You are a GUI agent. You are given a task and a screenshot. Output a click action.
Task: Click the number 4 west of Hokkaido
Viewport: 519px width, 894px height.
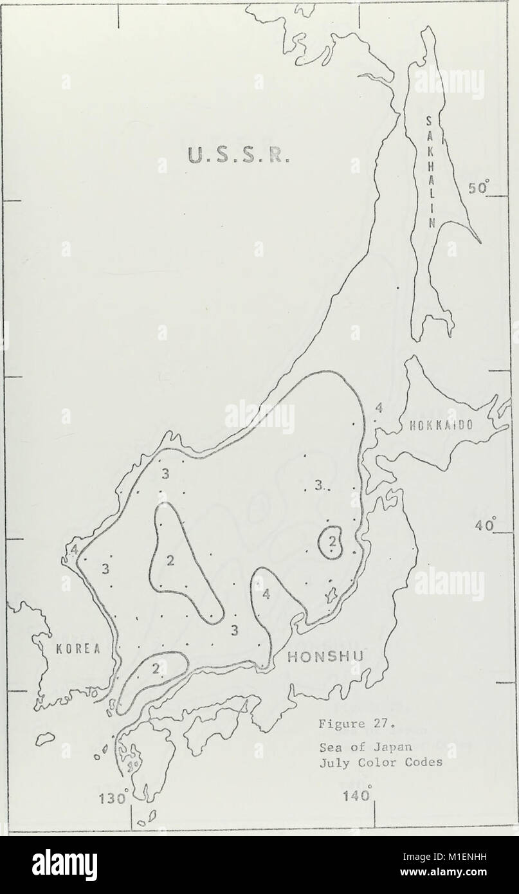click(x=379, y=407)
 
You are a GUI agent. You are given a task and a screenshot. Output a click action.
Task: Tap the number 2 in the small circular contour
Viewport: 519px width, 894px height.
click(x=332, y=542)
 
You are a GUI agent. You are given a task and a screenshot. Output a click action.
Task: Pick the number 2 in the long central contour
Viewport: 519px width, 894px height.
click(x=170, y=561)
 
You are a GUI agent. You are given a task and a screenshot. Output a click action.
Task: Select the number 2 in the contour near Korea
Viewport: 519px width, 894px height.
click(x=155, y=670)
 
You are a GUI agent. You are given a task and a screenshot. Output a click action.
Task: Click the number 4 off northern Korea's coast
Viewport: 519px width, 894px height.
click(x=75, y=551)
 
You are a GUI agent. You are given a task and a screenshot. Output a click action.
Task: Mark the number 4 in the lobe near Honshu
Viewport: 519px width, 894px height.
click(x=266, y=595)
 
